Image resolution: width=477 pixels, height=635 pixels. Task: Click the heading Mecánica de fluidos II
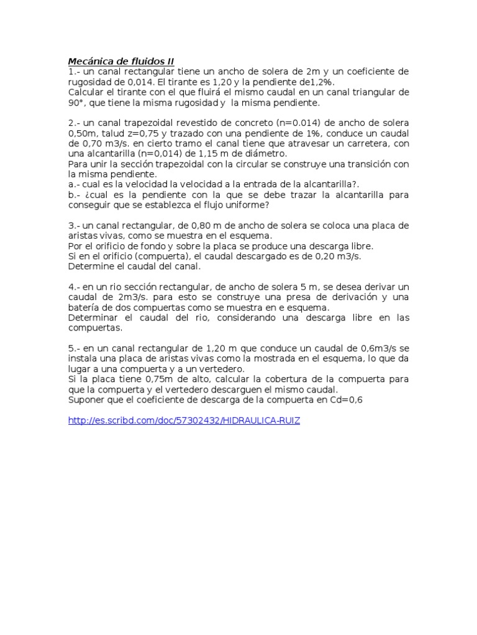121,61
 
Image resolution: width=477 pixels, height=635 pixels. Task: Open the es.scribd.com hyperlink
184,420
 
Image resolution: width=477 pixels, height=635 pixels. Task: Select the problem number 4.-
73,286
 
